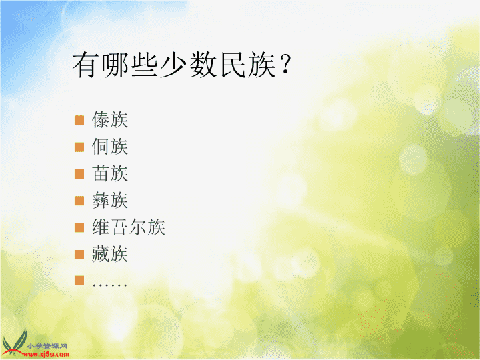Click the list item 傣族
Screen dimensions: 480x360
(110, 119)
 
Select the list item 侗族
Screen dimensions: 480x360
(110, 146)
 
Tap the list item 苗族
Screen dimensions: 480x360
(110, 173)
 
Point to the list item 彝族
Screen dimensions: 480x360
(110, 200)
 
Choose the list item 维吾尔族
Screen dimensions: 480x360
(129, 227)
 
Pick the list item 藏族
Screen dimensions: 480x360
(110, 254)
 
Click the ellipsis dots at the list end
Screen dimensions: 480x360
(109, 285)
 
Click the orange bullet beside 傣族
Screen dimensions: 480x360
(79, 120)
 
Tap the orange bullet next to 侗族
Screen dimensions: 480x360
(79, 147)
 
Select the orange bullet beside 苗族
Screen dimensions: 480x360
(79, 174)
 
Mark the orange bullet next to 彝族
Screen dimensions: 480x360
(79, 201)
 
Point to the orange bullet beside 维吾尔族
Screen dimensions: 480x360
(79, 227)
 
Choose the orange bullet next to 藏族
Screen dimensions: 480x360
(79, 255)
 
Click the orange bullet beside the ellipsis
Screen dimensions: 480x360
(79, 281)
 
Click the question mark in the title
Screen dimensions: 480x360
(285, 64)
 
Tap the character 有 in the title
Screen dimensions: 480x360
(86, 65)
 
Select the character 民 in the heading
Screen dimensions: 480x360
(233, 65)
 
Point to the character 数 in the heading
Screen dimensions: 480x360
(203, 65)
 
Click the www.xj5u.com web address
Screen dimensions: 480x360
(47, 355)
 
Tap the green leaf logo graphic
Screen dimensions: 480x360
(15, 342)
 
